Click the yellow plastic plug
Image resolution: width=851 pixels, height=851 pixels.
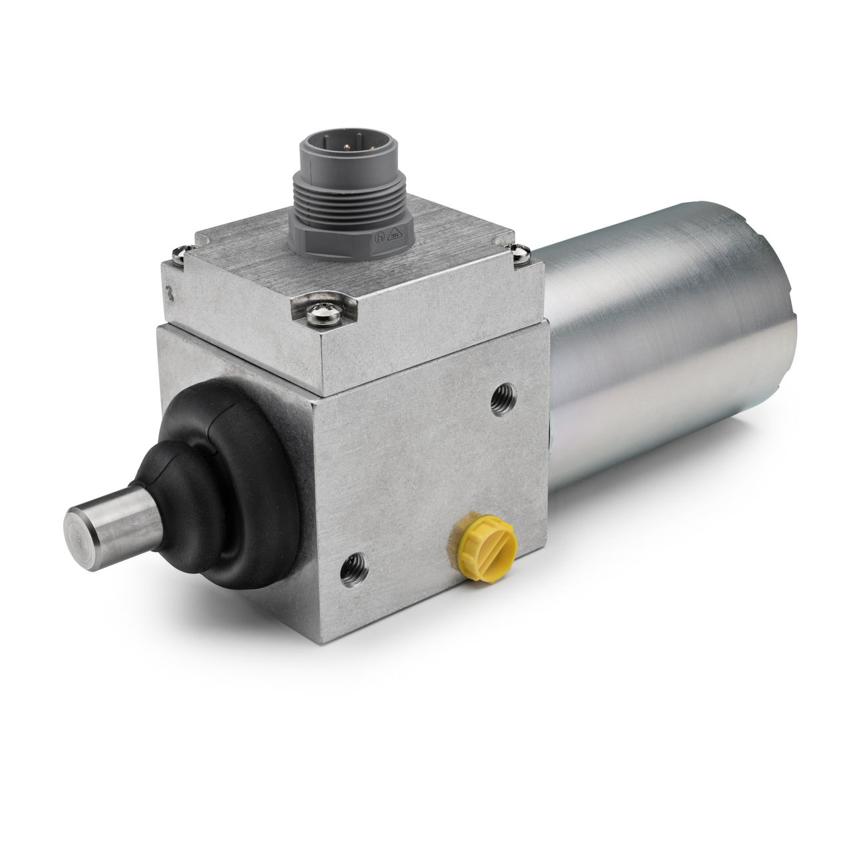(x=483, y=543)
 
